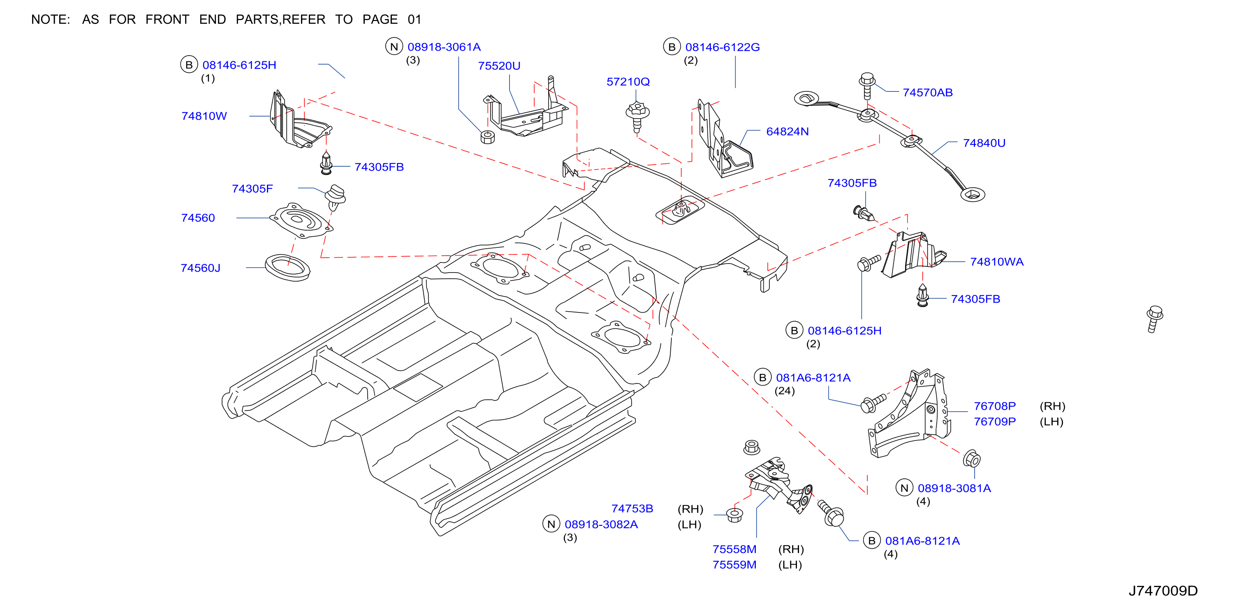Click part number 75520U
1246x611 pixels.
(x=499, y=66)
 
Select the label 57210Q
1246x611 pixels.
(x=628, y=82)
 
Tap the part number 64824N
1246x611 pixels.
(x=787, y=131)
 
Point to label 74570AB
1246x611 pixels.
(x=928, y=93)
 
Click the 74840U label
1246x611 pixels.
(x=984, y=143)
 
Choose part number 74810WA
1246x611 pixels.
(x=997, y=261)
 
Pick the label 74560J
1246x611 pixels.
(x=200, y=268)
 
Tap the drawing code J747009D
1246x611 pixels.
(x=1163, y=591)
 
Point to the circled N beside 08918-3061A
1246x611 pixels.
(x=394, y=47)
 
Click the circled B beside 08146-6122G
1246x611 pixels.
(x=672, y=47)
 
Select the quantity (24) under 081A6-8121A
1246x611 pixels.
(x=785, y=391)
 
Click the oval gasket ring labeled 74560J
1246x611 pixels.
(x=287, y=267)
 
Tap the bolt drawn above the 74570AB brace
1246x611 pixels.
(x=867, y=86)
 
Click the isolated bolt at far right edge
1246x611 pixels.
(x=1154, y=319)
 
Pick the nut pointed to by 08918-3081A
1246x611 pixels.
(x=972, y=459)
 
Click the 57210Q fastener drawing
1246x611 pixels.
(x=637, y=116)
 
